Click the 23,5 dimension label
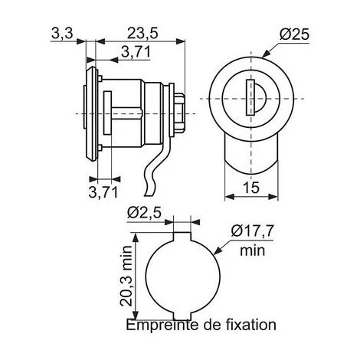click(x=142, y=34)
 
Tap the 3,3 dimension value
click(x=62, y=34)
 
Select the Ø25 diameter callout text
click(x=294, y=34)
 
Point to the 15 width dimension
click(x=251, y=188)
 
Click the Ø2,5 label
click(x=145, y=212)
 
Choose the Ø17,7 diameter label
click(x=252, y=231)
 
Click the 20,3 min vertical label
click(x=126, y=276)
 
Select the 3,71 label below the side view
click(x=103, y=192)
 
